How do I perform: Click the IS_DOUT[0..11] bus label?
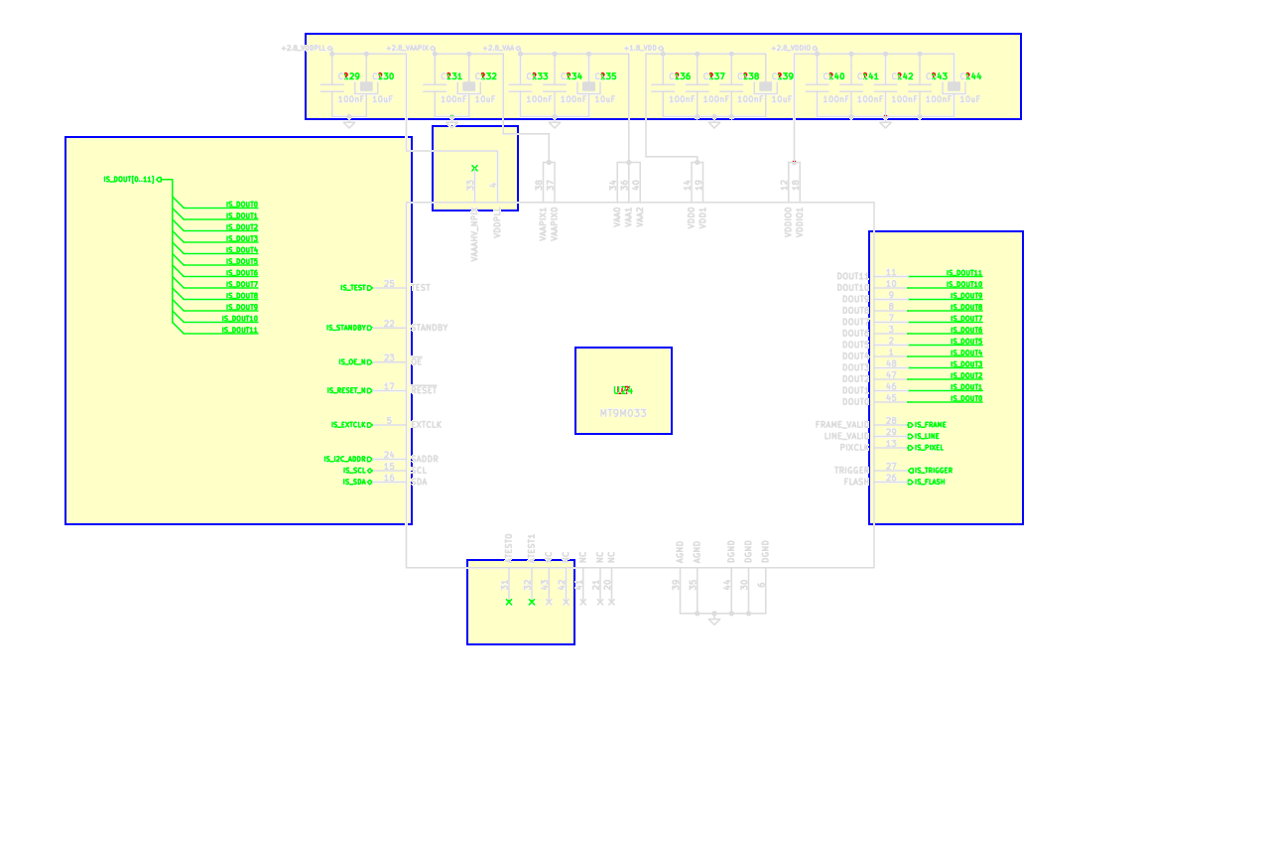coord(129,180)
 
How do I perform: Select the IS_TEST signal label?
coord(353,288)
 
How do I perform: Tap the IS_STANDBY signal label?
coord(347,328)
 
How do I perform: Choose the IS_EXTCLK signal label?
coord(349,425)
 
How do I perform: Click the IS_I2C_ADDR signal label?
coord(344,459)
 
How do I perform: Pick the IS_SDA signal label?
coord(354,482)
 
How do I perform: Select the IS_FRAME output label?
coord(930,425)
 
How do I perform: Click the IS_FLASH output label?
coord(930,482)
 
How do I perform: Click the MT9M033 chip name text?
coord(623,412)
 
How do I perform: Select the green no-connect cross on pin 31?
coord(509,602)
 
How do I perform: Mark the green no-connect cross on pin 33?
coord(474,169)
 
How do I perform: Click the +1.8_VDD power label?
coord(641,48)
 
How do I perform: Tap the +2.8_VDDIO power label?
coord(792,48)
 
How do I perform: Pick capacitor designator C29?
coord(349,76)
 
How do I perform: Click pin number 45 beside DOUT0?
coord(891,398)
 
